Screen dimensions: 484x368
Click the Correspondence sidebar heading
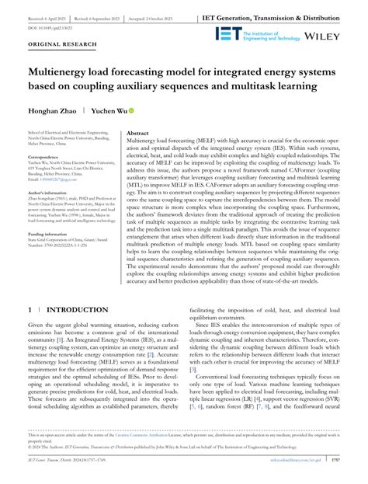(x=44, y=156)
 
